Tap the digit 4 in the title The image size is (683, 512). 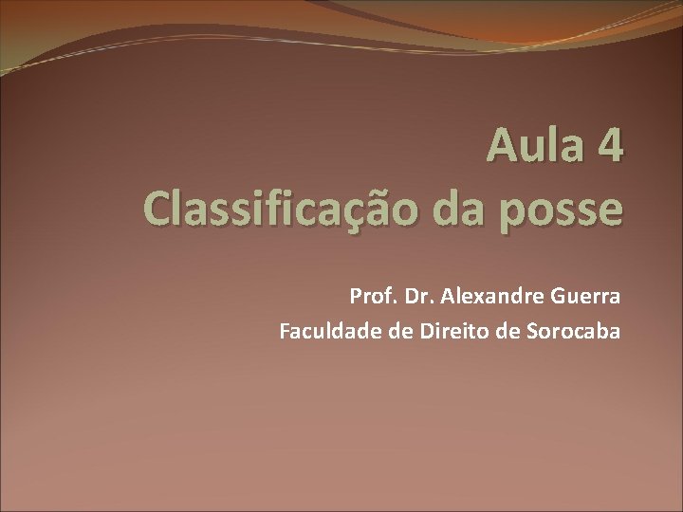click(x=609, y=148)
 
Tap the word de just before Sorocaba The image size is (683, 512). click(x=489, y=331)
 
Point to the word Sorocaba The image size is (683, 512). click(x=566, y=331)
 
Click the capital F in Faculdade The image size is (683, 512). click(x=285, y=331)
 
